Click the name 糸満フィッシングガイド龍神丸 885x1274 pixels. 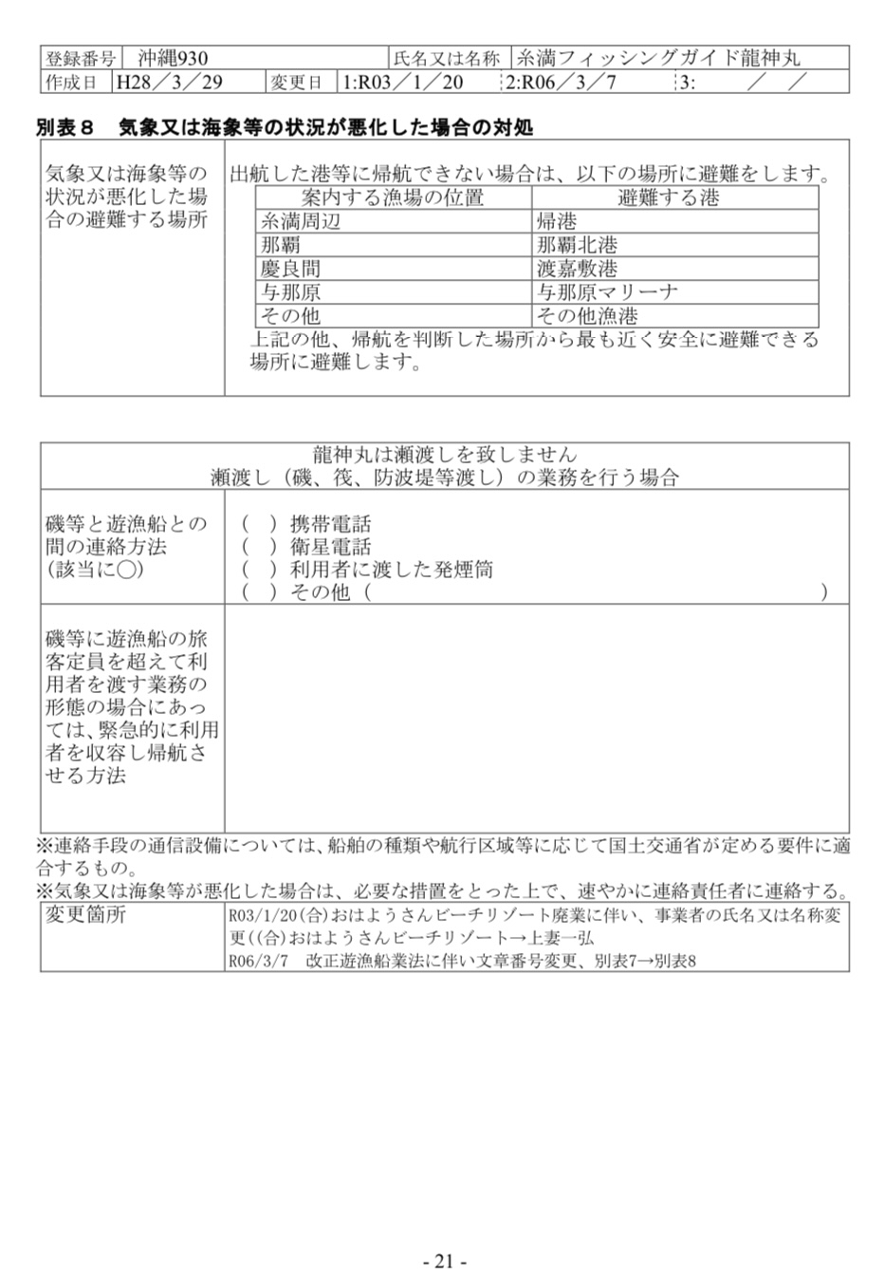pos(657,58)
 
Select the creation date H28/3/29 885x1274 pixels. pos(169,82)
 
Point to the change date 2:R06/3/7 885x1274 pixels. pos(562,82)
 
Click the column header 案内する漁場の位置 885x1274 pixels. pos(393,197)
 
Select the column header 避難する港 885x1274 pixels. pos(669,197)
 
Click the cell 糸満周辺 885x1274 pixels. pos(301,221)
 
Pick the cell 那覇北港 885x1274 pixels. pos(577,245)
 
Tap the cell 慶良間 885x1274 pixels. pos(291,269)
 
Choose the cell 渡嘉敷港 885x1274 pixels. pos(577,269)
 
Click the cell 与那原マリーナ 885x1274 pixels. pos(607,292)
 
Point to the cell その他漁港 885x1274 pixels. pos(587,316)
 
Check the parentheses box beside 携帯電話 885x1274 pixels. pos(259,524)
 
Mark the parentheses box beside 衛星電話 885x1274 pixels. pos(259,547)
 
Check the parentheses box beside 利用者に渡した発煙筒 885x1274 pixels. pos(259,570)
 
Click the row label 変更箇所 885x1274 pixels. pos(85,915)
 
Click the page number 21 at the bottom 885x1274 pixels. pos(444,1261)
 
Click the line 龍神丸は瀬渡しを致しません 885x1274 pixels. pos(444,455)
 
